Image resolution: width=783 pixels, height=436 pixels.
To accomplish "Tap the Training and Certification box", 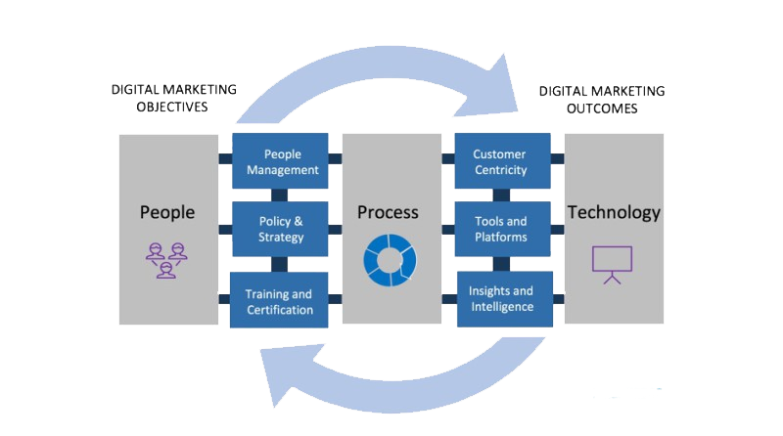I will [279, 301].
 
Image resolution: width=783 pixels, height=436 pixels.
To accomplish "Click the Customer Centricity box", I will [499, 162].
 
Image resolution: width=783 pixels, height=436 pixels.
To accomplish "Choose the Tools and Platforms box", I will [499, 229].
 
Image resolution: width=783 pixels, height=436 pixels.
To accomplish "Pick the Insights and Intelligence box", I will [501, 299].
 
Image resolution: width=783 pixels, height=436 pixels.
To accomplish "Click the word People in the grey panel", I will [167, 212].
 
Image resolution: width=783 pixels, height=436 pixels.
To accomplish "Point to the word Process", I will [388, 212].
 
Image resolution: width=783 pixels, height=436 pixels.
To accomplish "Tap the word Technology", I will [614, 212].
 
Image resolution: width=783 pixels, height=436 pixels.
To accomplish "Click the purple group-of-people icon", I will [166, 259].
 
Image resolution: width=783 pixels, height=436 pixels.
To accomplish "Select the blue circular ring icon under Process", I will [390, 258].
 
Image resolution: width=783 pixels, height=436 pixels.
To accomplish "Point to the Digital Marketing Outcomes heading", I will [602, 100].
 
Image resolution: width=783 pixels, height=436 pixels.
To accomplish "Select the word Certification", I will [279, 310].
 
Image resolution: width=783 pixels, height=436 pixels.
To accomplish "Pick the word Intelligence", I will [501, 307].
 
